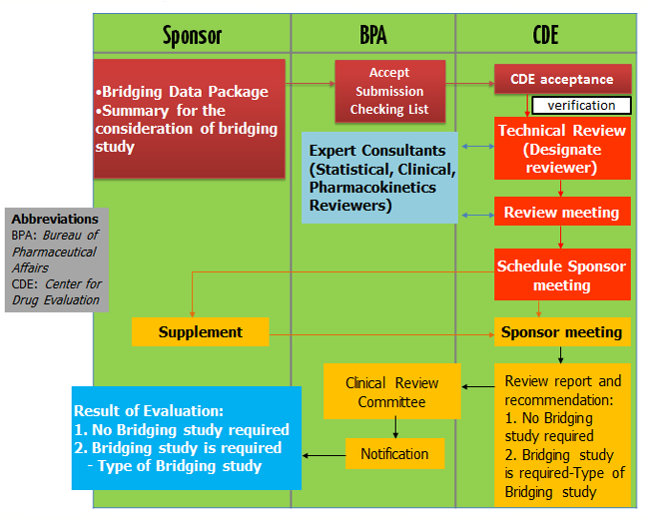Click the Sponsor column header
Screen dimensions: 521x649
[x=192, y=37]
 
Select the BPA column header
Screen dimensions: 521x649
[x=372, y=37]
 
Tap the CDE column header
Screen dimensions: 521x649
[x=545, y=37]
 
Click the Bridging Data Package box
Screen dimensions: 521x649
[x=190, y=119]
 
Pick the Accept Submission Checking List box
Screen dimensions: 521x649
[x=389, y=91]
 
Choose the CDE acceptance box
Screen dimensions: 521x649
[x=562, y=79]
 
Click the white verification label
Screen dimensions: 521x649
[x=581, y=105]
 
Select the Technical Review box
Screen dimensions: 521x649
[x=562, y=149]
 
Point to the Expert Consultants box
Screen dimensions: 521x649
[x=379, y=177]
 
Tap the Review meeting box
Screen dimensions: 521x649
[x=562, y=213]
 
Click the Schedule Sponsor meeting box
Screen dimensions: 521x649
[x=562, y=274]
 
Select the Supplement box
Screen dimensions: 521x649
[x=200, y=331]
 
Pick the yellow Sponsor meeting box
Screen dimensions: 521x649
[x=562, y=331]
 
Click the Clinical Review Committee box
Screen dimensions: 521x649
[x=391, y=391]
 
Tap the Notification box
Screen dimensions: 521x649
[x=394, y=454]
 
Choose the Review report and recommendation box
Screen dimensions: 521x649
[x=562, y=435]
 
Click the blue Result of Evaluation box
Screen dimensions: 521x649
[x=186, y=437]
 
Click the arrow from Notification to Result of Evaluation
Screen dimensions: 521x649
[x=324, y=455]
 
